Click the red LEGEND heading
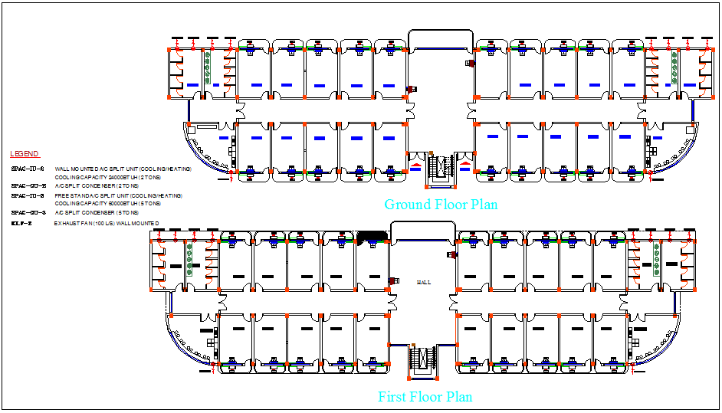coord(25,154)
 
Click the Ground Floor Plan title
coord(441,205)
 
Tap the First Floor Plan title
coord(425,397)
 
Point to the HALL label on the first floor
coord(423,282)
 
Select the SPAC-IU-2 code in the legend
coord(28,169)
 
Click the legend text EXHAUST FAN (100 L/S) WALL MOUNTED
coord(107,223)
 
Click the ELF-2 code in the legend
coord(21,223)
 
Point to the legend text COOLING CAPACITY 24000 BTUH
coord(107,177)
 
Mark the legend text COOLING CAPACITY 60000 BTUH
coord(107,204)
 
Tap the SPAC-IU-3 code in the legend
coord(28,195)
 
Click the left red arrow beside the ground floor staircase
coord(415,164)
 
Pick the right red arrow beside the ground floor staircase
coord(466,164)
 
